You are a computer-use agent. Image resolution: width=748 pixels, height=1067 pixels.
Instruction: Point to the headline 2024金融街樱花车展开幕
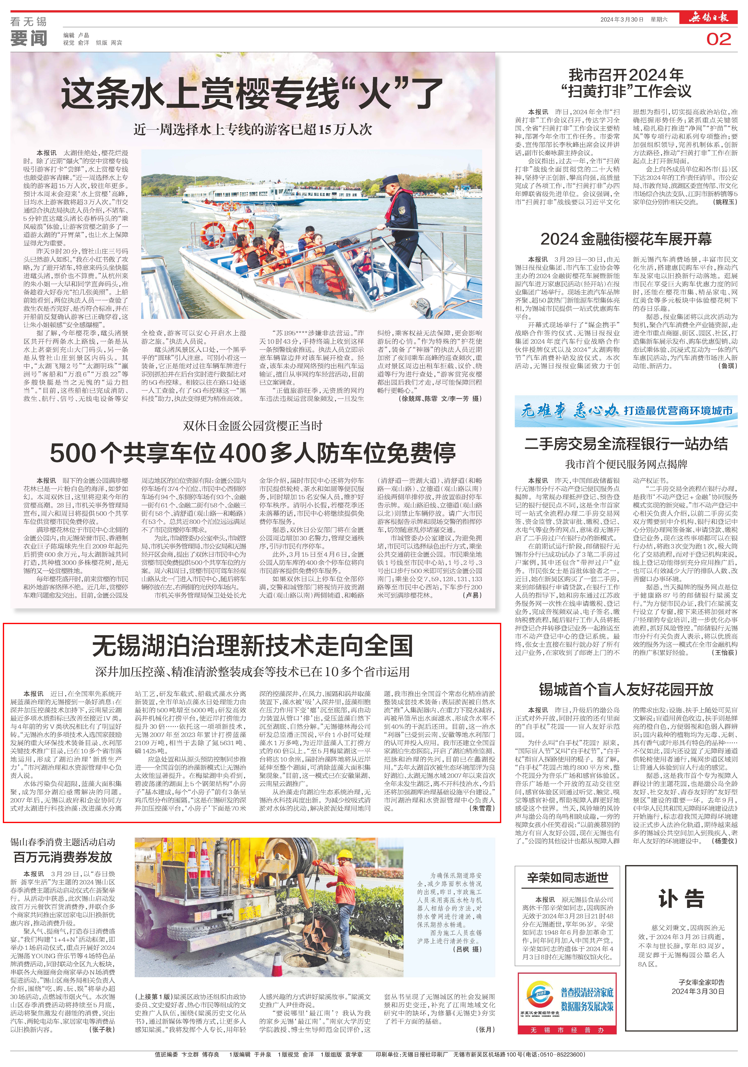626,239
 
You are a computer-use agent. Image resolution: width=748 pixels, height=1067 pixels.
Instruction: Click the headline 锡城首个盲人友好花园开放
626,689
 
